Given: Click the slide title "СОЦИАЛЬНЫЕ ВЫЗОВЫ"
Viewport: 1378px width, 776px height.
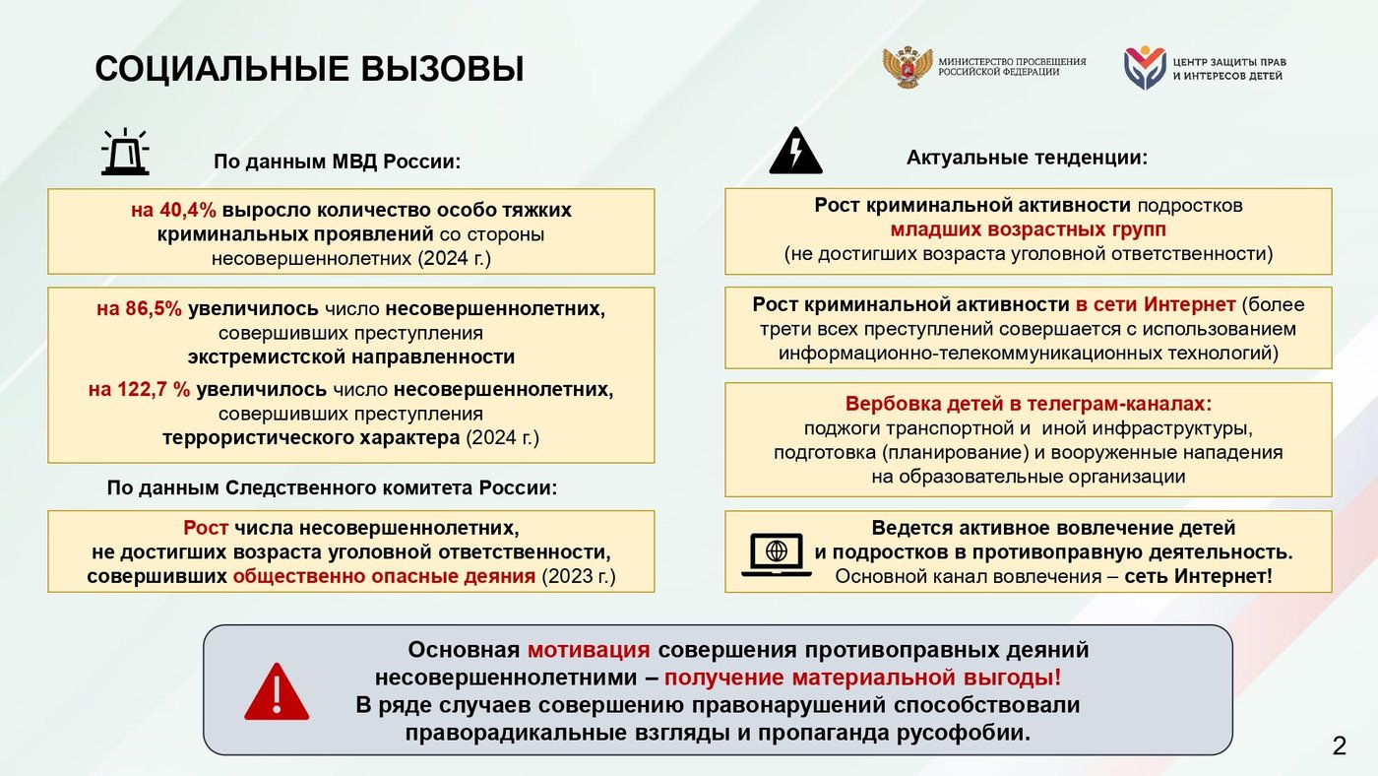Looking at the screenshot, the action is coord(309,68).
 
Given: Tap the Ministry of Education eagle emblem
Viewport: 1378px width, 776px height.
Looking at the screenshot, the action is coord(908,66).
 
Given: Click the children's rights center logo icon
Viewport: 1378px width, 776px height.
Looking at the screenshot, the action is coord(1145,67).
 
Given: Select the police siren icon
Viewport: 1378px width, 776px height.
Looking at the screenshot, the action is coord(126,152).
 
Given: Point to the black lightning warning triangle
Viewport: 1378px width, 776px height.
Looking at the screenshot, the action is coord(795,151).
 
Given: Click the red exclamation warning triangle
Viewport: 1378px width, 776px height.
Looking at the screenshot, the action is coord(277,691).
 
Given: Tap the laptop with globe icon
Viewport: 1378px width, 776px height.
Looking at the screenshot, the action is coord(777,554).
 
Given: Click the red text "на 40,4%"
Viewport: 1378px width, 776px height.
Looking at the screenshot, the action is coord(173,210).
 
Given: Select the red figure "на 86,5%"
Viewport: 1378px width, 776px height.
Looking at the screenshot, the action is coord(139,308).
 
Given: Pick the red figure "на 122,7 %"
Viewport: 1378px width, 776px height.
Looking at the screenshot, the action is coord(139,390).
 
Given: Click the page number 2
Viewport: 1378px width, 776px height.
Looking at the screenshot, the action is coord(1340,746).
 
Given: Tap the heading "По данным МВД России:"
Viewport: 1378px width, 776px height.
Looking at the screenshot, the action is coord(337,162).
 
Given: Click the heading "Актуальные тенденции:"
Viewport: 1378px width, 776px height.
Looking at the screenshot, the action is coord(1028,158).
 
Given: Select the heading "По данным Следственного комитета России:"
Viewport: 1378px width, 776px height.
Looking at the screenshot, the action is coord(333,487).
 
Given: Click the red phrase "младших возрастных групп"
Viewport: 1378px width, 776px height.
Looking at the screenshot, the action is coord(1028,229).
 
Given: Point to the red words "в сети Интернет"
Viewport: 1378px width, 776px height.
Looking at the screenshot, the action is coord(1156,304).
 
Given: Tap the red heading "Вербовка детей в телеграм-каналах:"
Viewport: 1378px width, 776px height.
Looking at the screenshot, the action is coord(1029,404).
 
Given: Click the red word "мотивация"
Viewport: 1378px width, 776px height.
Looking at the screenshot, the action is coord(589,650).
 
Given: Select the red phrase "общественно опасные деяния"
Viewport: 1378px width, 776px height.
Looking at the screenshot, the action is coord(384,577).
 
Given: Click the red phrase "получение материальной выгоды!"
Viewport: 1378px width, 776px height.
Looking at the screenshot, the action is coord(863,678).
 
